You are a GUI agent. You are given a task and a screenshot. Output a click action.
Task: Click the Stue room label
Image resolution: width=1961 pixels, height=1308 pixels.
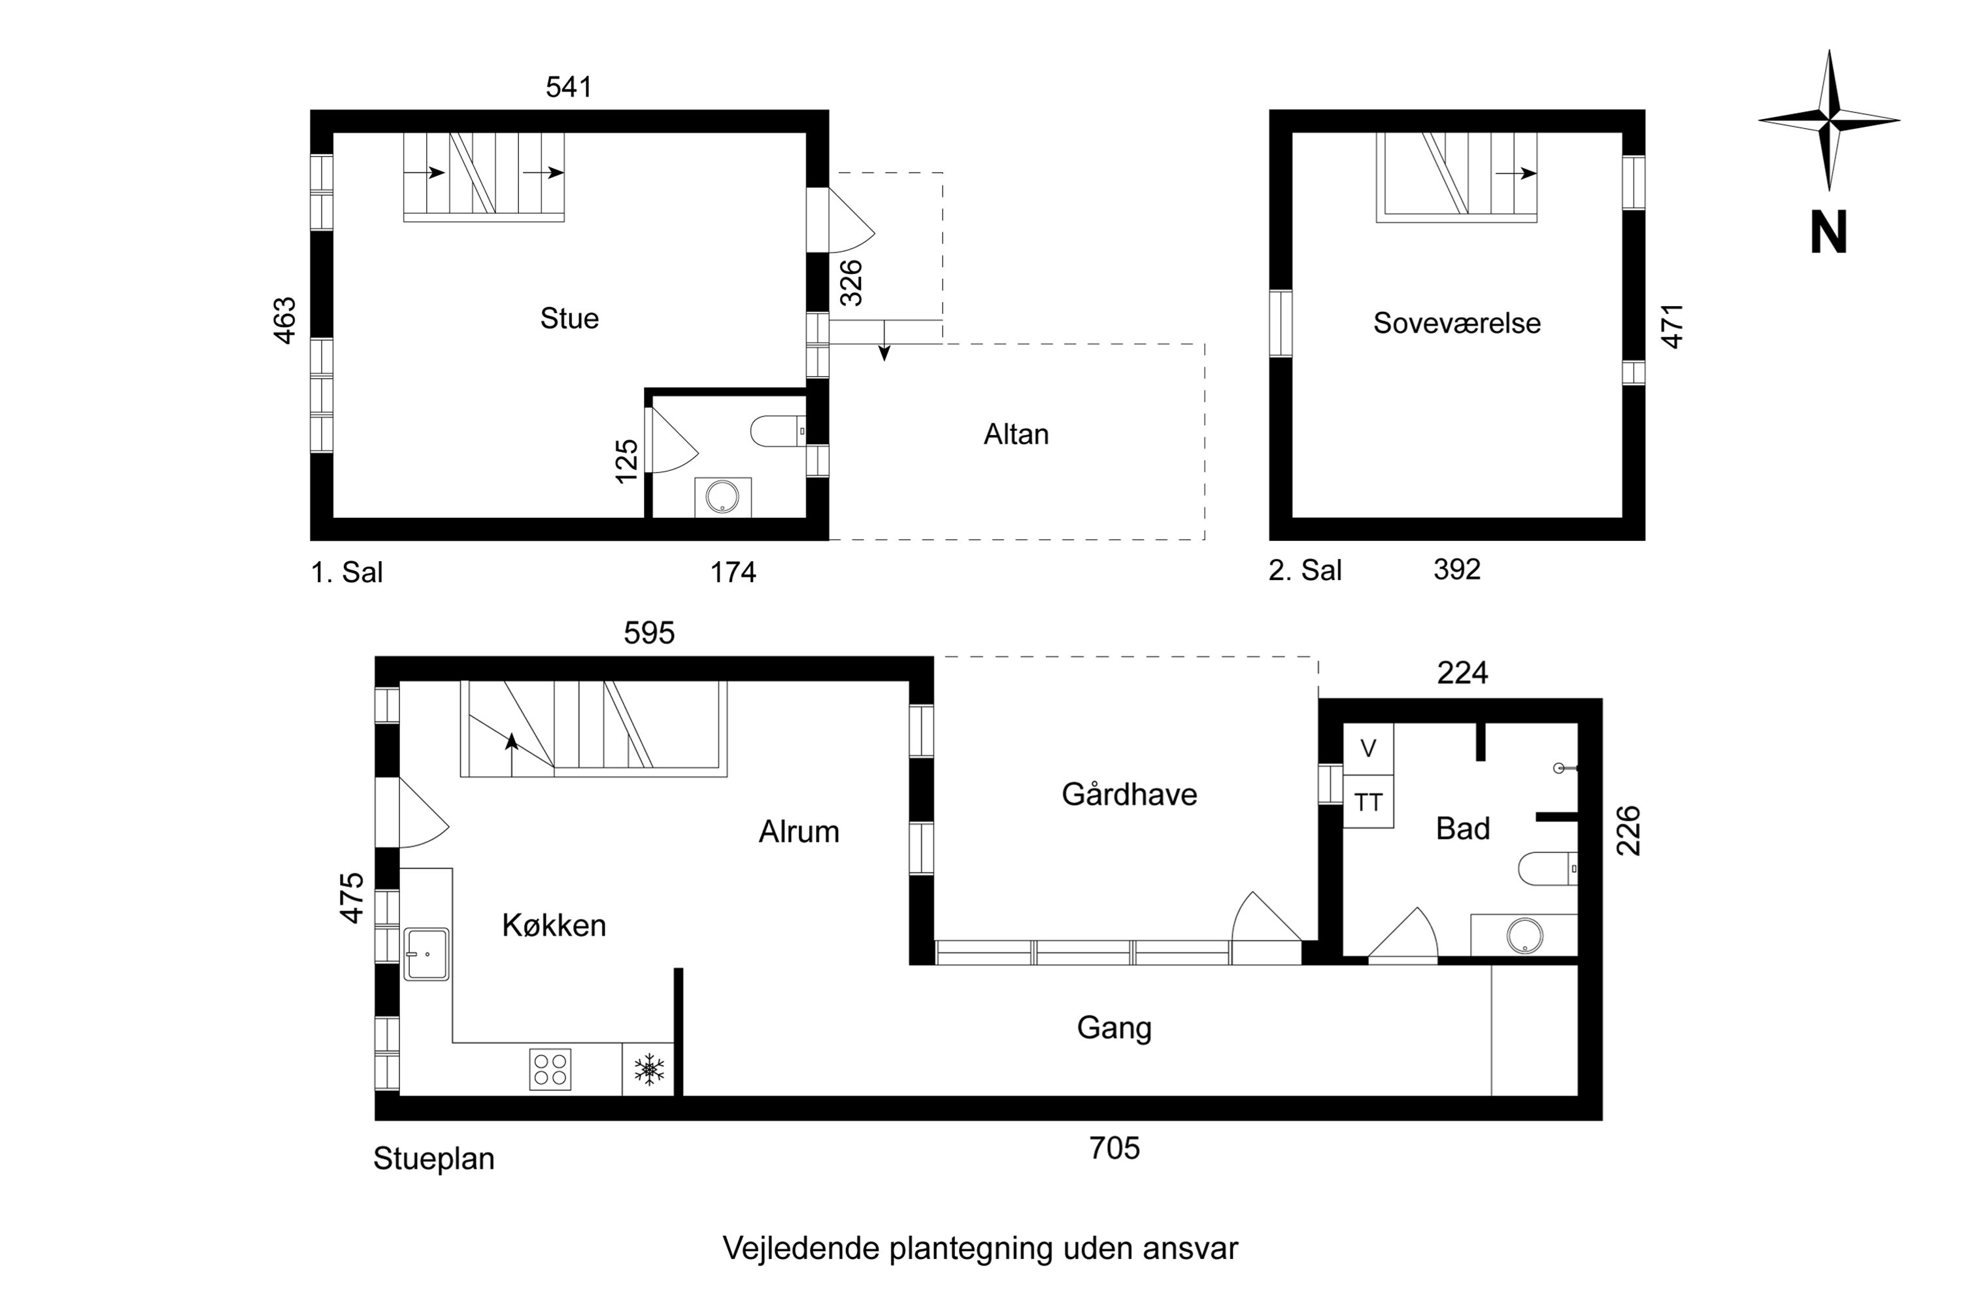click(x=569, y=318)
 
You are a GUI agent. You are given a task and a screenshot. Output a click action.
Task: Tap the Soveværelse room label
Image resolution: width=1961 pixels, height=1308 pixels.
click(x=1456, y=323)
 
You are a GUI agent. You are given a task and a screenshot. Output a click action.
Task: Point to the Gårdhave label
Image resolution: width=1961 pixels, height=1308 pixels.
click(x=1129, y=794)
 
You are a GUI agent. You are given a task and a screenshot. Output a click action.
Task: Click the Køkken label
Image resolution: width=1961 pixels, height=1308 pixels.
click(x=554, y=925)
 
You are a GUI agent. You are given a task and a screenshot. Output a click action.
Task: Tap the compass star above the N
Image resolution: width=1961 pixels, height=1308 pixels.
click(x=1828, y=121)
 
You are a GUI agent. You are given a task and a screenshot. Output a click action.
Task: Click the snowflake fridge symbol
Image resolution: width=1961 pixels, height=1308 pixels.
click(x=648, y=1069)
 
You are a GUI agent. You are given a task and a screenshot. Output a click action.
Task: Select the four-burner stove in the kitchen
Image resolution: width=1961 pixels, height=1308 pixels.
click(x=550, y=1069)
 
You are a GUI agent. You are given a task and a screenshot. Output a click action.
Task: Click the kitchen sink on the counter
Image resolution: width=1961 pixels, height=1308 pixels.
click(x=426, y=954)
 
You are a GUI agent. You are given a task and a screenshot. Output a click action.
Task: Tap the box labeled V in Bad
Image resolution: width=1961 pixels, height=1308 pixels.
click(x=1367, y=748)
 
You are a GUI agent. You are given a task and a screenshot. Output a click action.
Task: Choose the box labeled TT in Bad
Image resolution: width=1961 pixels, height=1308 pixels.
click(x=1367, y=802)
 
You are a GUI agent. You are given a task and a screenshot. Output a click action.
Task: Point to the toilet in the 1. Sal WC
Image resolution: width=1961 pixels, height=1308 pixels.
click(x=777, y=431)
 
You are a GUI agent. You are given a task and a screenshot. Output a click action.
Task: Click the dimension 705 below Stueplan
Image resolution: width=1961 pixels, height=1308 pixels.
click(x=1114, y=1148)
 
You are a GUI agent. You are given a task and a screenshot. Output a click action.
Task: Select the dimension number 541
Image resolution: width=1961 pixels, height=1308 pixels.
click(x=569, y=87)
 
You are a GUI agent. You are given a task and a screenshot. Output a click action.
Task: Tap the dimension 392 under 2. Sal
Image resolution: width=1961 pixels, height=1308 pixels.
click(x=1456, y=569)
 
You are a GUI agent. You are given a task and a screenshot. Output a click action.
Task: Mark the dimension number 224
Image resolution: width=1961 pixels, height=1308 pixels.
click(x=1462, y=672)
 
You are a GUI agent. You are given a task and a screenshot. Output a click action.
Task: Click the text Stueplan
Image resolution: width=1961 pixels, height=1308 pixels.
click(x=433, y=1159)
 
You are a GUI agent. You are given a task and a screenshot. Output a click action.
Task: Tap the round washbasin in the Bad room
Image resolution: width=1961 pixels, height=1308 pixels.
click(x=1522, y=935)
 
